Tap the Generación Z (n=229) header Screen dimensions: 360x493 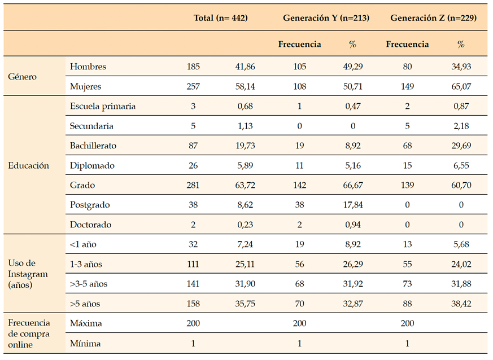(434, 18)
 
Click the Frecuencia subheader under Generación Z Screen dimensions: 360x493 (407, 44)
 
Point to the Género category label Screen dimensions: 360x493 (23, 77)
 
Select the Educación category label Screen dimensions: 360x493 (28, 165)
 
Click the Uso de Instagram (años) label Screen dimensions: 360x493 (28, 274)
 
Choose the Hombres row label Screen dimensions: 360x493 (88, 67)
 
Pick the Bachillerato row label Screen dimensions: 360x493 (93, 146)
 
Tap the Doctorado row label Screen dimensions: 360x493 (90, 225)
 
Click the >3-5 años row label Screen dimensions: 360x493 (89, 284)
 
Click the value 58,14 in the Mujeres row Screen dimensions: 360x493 (245, 87)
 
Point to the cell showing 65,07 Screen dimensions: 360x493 (461, 87)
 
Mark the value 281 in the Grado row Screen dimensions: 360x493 (194, 185)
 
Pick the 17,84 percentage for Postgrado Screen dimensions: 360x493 (353, 205)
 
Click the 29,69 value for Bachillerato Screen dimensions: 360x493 (461, 146)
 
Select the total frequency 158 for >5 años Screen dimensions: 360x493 (194, 304)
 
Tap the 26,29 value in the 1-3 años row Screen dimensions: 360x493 (353, 264)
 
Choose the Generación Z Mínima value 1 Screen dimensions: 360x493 (407, 343)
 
